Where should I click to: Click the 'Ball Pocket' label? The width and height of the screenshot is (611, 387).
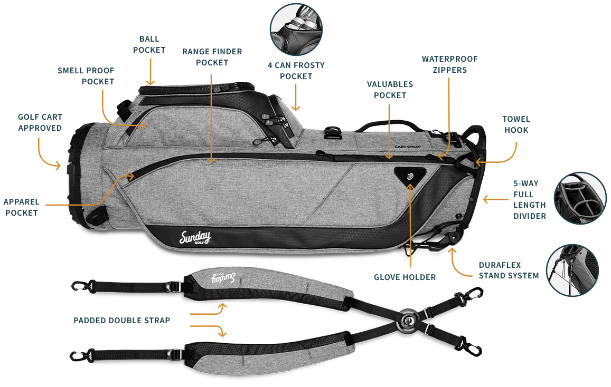click(x=149, y=44)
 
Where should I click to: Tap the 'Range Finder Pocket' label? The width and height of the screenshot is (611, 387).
click(x=212, y=57)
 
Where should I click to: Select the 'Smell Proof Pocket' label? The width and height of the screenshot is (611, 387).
click(x=86, y=76)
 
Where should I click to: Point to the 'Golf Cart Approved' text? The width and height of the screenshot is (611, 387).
click(x=40, y=122)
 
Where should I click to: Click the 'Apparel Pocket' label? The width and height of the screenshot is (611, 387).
click(x=21, y=207)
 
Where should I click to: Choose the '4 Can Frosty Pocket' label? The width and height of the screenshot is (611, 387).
click(x=296, y=71)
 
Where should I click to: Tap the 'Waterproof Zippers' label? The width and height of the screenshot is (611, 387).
click(x=444, y=64)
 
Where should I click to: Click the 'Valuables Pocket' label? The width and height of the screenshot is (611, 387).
click(x=390, y=90)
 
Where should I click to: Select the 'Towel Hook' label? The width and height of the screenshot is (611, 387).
click(x=516, y=124)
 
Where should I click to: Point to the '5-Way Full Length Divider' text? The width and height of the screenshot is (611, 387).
click(x=529, y=200)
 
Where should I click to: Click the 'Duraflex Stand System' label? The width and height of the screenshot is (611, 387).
click(x=509, y=270)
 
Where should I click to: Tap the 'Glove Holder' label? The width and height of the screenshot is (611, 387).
click(x=405, y=277)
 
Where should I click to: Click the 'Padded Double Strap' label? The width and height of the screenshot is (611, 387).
click(x=121, y=320)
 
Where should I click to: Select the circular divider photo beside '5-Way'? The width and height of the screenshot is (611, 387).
click(x=580, y=198)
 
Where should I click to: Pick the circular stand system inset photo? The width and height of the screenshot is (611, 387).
click(x=572, y=269)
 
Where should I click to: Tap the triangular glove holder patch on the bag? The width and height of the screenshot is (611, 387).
click(x=410, y=175)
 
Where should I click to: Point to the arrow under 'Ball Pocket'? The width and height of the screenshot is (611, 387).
click(x=150, y=71)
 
